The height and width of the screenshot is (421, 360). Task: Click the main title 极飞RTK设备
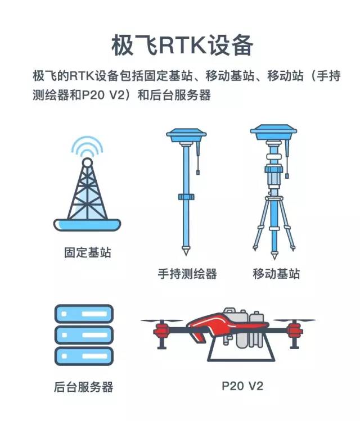click(x=182, y=45)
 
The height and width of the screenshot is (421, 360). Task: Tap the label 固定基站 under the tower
click(x=88, y=252)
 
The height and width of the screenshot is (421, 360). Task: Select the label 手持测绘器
click(x=187, y=274)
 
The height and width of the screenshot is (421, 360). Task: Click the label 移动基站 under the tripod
click(x=276, y=274)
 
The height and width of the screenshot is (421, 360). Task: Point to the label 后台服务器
click(x=84, y=387)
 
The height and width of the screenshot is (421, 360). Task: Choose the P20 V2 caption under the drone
click(x=242, y=386)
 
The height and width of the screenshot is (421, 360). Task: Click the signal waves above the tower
click(x=87, y=147)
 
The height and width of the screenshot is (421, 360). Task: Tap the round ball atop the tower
click(x=87, y=162)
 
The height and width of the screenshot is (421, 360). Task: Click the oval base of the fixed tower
click(x=87, y=225)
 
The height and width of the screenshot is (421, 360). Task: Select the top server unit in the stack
click(x=84, y=314)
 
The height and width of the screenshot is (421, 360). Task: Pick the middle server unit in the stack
click(x=84, y=335)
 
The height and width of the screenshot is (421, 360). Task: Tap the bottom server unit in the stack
click(x=84, y=356)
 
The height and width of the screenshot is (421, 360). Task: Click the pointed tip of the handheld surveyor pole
click(x=186, y=255)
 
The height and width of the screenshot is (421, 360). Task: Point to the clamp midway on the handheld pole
click(x=186, y=197)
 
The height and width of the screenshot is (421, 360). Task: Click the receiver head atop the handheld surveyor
click(x=186, y=135)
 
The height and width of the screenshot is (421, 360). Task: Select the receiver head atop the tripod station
click(x=273, y=132)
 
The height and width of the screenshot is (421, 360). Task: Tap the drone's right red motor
click(x=294, y=330)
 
